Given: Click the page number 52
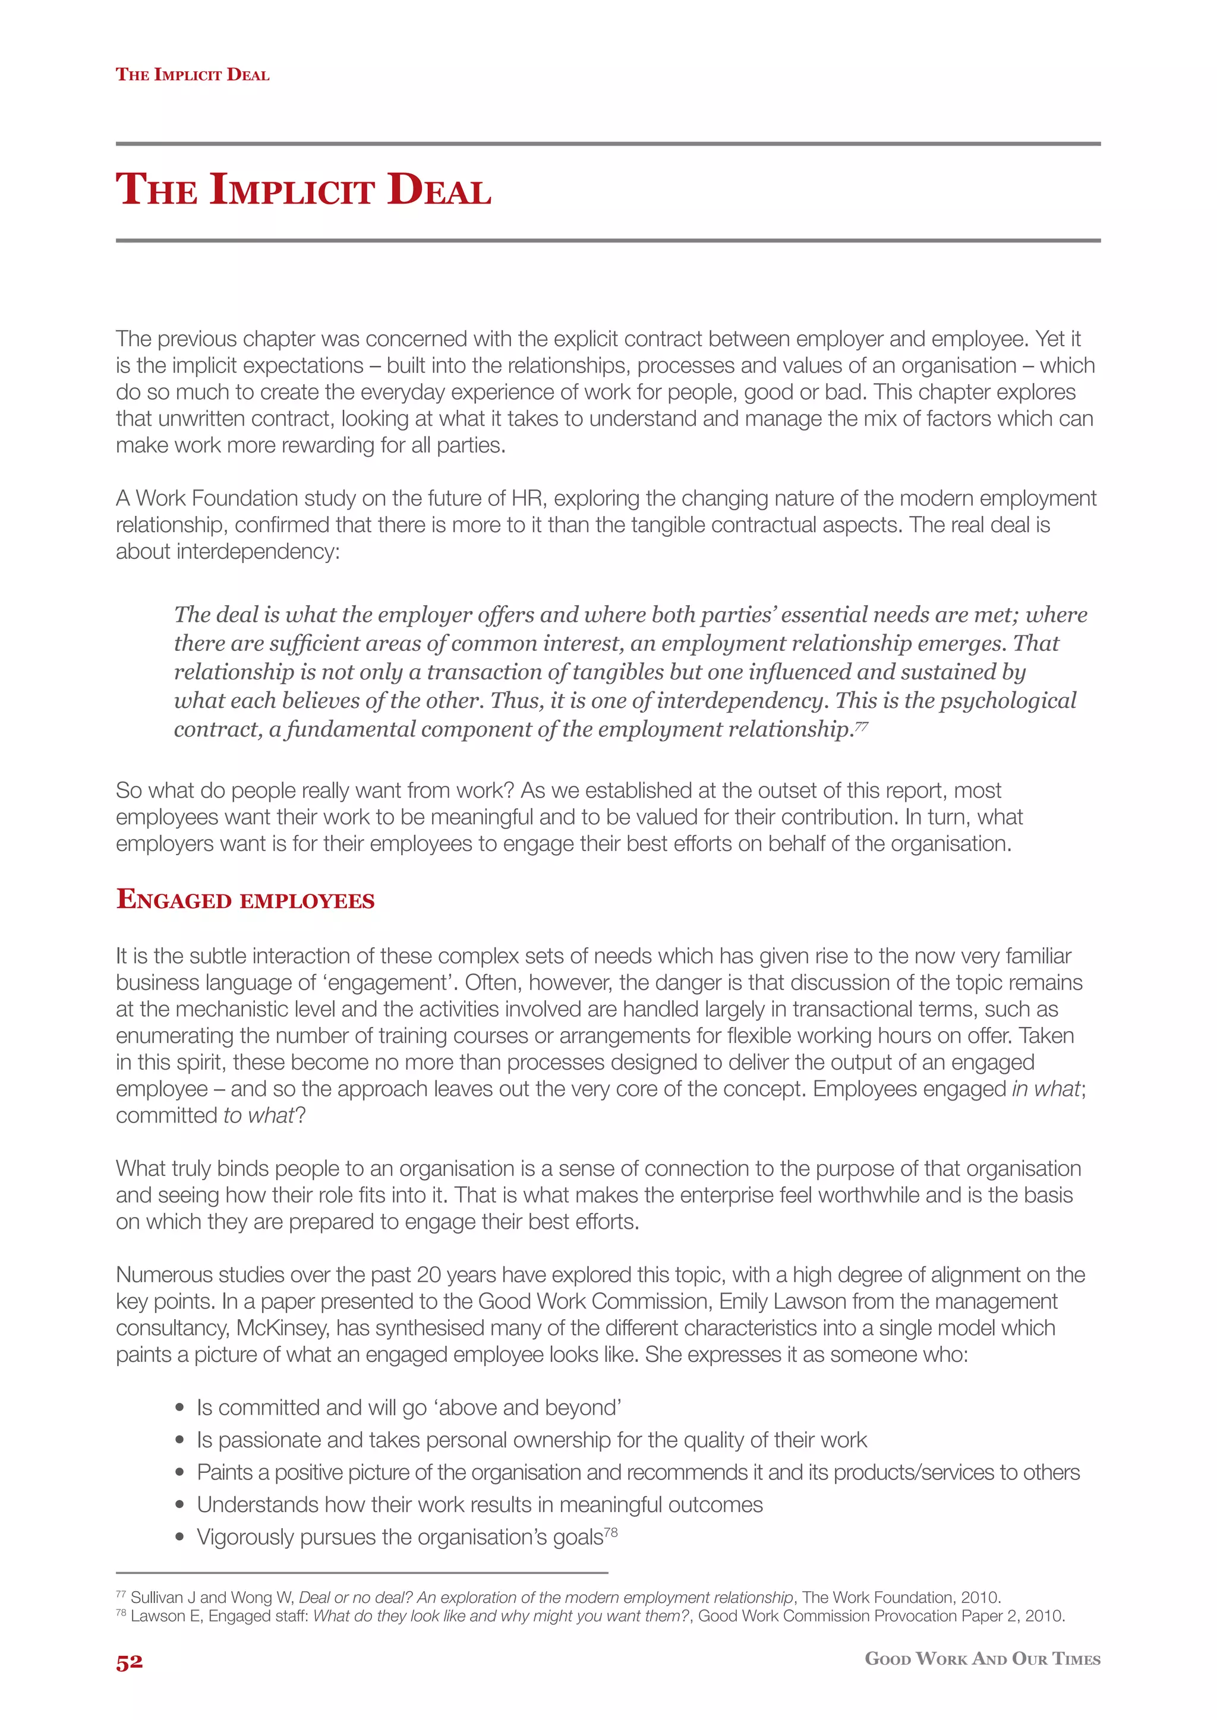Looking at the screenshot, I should point(129,1662).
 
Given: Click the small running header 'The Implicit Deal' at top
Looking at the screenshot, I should point(193,75).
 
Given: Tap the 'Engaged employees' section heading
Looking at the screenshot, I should point(245,899).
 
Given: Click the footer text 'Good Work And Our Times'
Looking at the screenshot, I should point(982,1659).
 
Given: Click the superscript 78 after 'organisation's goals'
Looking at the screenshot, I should point(611,1532).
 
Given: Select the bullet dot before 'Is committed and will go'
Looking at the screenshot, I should point(179,1408).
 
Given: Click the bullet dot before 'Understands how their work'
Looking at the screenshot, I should point(179,1505).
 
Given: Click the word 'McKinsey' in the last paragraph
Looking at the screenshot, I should point(282,1328).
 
